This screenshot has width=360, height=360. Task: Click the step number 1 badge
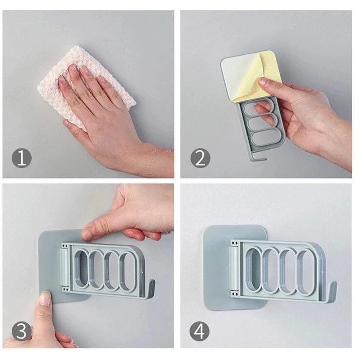coord(21,158)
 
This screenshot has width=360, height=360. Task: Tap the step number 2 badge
coord(200,158)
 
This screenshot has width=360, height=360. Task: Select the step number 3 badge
coord(21,331)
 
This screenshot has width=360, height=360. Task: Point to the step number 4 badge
coord(200,331)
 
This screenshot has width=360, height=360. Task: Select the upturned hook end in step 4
coord(333,290)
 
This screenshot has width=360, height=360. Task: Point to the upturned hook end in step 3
coord(151,287)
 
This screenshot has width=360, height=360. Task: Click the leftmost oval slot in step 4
coord(253,268)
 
